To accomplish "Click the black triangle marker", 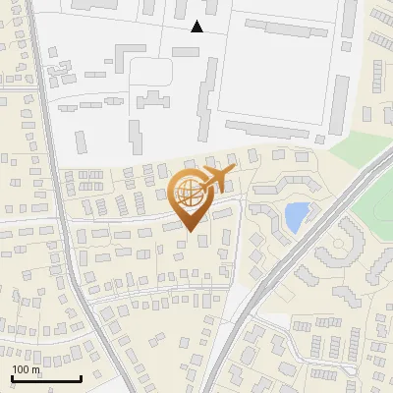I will tap(197, 27).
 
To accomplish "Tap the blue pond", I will tap(295, 216).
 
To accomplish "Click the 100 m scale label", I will tap(26, 369).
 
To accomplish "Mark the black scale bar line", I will tap(45, 378).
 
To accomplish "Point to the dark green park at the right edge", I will tap(378, 211).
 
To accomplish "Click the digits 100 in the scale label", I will tap(20, 369).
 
